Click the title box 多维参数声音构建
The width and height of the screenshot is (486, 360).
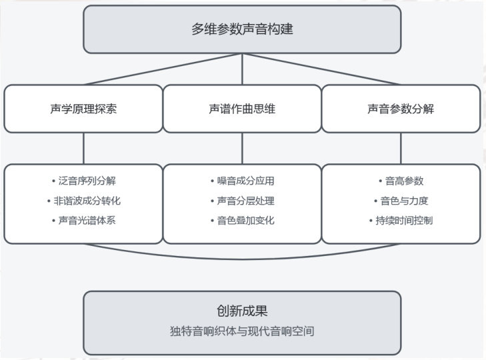242,29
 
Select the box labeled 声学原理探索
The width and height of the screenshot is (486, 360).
83,109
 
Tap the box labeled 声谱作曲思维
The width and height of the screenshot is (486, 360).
242,109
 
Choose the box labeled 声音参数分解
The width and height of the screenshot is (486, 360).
401,109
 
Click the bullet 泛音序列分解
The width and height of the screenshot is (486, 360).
83,181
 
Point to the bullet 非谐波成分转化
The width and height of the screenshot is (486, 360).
83,200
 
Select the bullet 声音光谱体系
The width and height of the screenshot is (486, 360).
83,220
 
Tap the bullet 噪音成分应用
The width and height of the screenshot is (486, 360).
242,181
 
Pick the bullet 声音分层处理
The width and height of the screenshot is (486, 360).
242,200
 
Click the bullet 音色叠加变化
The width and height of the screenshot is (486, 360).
242,220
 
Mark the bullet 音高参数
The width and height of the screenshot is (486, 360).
401,181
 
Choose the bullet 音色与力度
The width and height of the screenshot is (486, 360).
401,200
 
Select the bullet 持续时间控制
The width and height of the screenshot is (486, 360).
401,220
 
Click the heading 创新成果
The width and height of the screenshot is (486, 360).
242,311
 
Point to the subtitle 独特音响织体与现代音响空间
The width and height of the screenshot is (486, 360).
242,331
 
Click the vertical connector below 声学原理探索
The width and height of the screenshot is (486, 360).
83,147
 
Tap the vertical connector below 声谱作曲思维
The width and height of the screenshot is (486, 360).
242,147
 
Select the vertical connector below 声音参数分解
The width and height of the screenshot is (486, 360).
401,147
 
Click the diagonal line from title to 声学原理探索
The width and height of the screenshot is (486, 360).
163,69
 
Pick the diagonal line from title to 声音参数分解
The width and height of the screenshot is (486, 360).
321,69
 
